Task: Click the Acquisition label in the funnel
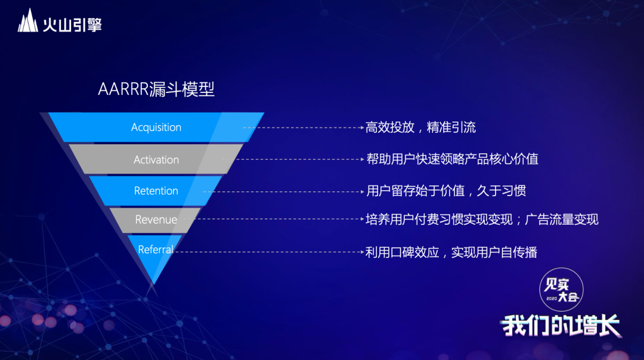point(156,128)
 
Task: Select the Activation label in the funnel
point(156,160)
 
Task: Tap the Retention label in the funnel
point(156,191)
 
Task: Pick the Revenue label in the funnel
point(156,219)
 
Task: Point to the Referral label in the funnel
point(156,250)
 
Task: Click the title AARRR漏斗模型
point(156,89)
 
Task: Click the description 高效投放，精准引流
point(420,128)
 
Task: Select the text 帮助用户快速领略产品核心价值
point(452,159)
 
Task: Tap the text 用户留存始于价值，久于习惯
point(446,191)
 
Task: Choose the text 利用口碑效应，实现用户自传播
point(451,252)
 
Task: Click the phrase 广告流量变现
point(562,219)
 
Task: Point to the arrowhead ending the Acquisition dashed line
point(362,128)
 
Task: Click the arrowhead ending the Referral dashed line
point(362,252)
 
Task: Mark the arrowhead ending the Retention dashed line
point(362,191)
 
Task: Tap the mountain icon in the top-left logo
point(28,20)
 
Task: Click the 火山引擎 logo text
point(72,24)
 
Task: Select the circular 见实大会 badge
point(561,290)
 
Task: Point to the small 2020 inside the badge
point(552,299)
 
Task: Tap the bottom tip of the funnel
point(154,284)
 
